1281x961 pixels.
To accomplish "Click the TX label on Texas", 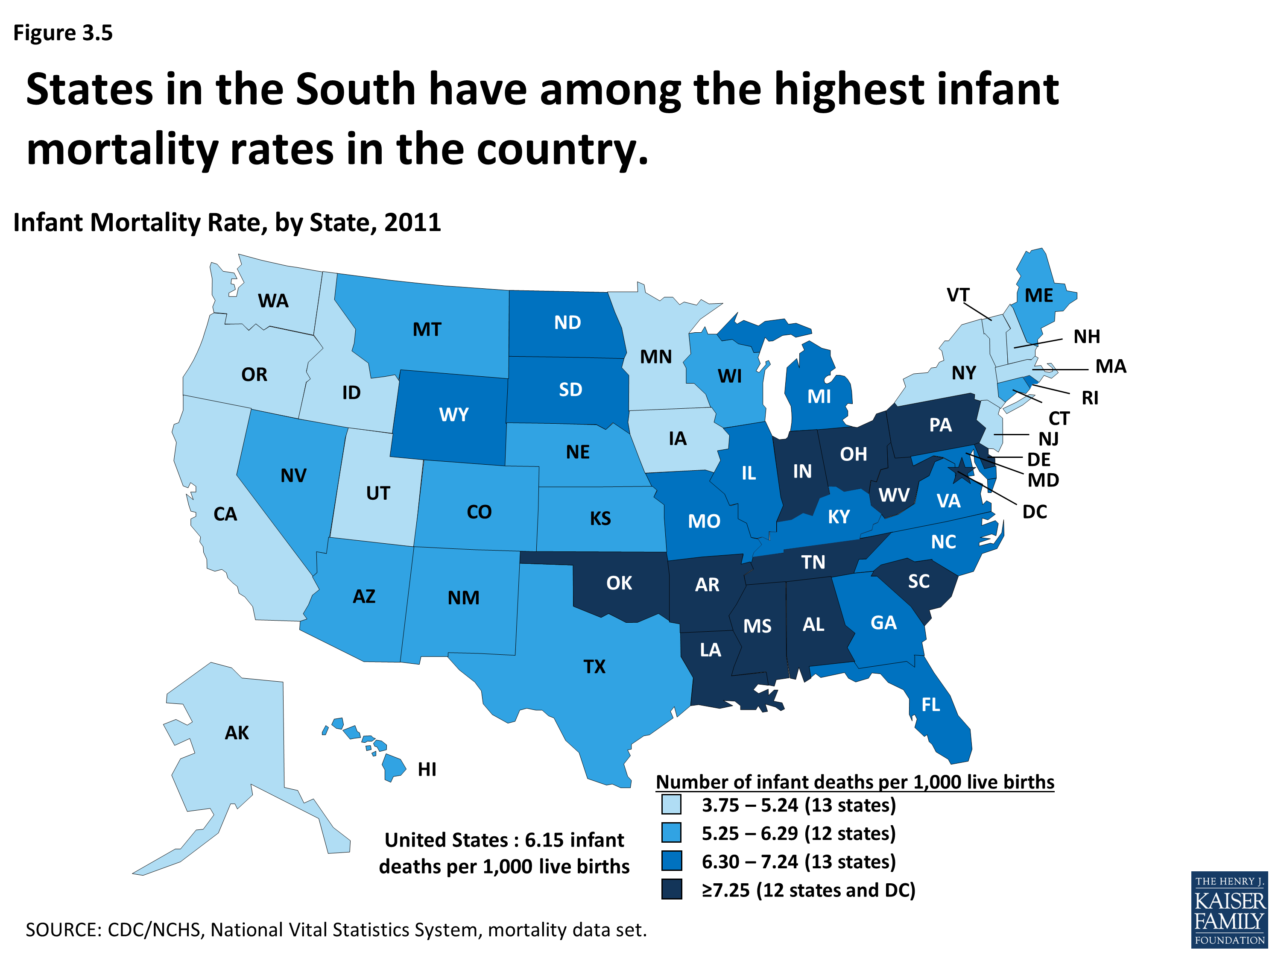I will [594, 666].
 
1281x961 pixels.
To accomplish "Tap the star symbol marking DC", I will [962, 468].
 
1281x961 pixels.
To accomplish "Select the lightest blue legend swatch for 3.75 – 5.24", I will [671, 805].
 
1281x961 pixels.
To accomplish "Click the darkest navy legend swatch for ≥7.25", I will [671, 889].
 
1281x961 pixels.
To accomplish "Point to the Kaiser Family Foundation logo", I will [1229, 909].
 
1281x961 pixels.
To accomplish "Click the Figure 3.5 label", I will [62, 33].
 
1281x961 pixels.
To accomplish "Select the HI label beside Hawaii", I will [427, 769].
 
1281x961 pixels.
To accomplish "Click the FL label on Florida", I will [930, 704].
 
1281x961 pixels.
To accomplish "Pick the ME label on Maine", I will [1039, 296].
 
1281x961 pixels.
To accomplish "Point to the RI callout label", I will [1090, 398].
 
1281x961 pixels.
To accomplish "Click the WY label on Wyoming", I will [453, 415].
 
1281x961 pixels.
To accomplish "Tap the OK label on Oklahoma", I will [619, 583].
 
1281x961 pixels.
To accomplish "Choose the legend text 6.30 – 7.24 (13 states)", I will [798, 861].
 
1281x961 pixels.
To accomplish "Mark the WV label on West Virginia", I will [894, 495].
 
